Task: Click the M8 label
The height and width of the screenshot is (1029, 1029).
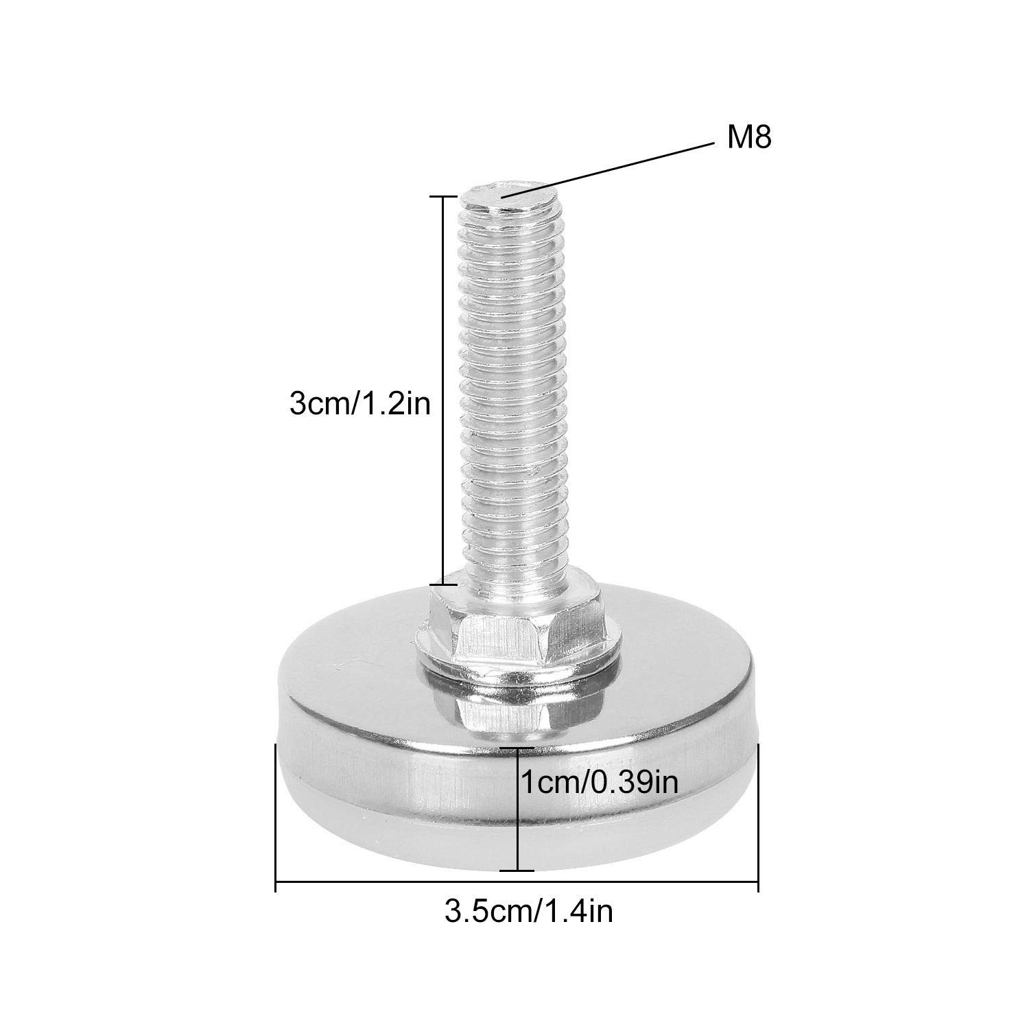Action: (x=750, y=139)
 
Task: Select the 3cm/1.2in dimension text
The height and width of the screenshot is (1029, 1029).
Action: (x=360, y=404)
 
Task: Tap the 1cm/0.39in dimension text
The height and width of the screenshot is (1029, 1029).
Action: (x=600, y=781)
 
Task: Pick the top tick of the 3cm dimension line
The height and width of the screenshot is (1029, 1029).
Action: (x=442, y=196)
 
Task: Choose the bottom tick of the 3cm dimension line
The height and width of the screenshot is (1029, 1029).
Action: (x=442, y=584)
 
